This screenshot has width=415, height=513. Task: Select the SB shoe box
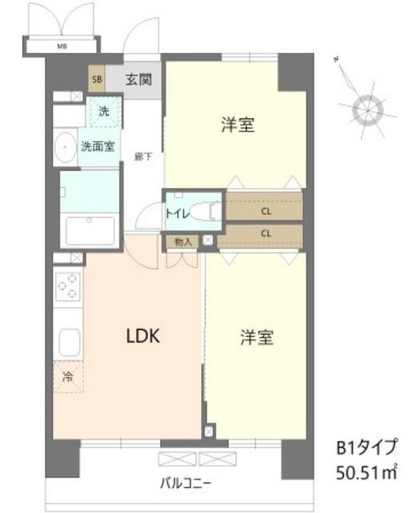pos(96,79)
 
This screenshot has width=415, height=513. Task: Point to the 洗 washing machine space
pos(103,112)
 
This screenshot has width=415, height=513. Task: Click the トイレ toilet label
pos(177,213)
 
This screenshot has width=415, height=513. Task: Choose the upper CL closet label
pos(264,212)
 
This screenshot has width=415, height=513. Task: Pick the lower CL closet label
pos(264,233)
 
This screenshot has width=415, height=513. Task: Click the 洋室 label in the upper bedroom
pos(238,125)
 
